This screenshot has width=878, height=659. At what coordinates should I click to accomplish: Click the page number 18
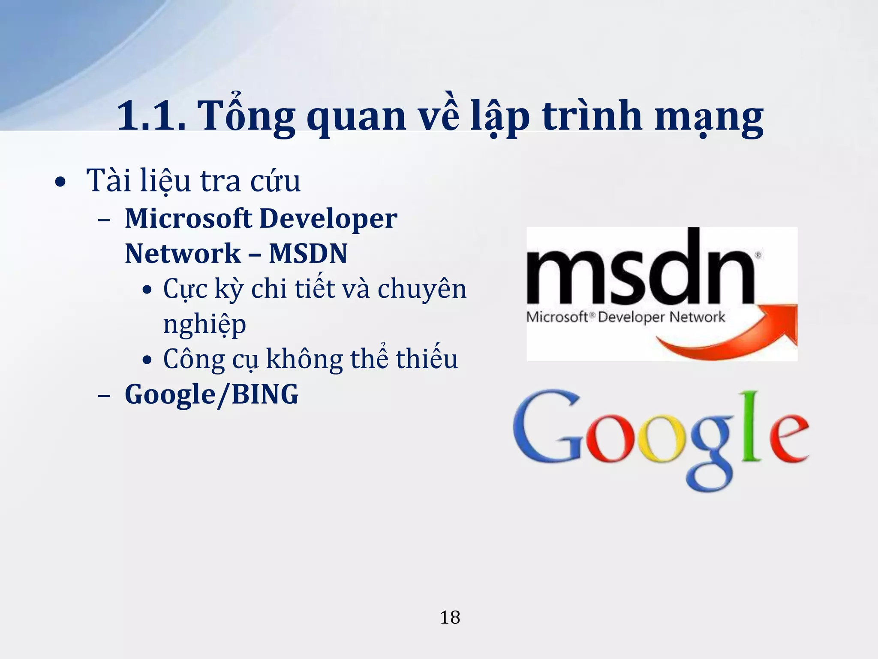(450, 618)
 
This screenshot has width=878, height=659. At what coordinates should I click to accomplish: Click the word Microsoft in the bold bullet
(188, 218)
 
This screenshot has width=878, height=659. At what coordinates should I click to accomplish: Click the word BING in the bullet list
(265, 394)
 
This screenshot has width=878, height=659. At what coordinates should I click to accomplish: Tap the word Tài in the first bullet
(108, 181)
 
